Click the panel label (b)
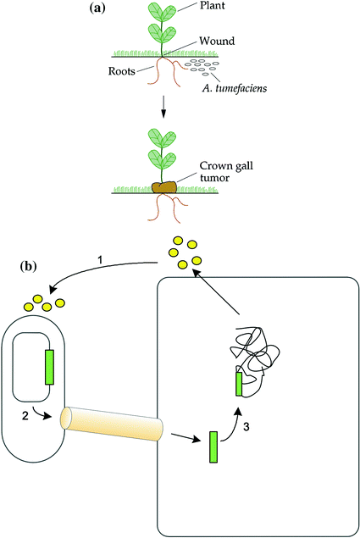point(30,266)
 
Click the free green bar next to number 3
point(213,446)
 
